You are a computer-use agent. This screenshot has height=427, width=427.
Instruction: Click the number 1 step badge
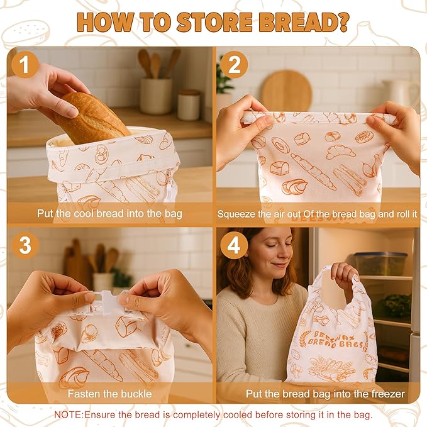tap(25, 65)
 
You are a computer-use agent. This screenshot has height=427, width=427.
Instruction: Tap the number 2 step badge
tap(235, 65)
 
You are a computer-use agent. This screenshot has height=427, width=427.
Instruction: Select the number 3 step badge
tap(25, 245)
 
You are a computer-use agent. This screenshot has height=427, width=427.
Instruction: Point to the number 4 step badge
tap(234, 245)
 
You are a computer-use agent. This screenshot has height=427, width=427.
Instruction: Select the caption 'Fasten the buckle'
tap(109, 394)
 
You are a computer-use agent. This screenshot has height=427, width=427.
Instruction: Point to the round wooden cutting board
tap(286, 91)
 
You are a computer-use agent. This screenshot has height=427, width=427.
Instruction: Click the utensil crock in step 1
tap(155, 94)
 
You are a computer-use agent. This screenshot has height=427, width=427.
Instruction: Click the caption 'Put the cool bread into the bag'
tap(109, 214)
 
